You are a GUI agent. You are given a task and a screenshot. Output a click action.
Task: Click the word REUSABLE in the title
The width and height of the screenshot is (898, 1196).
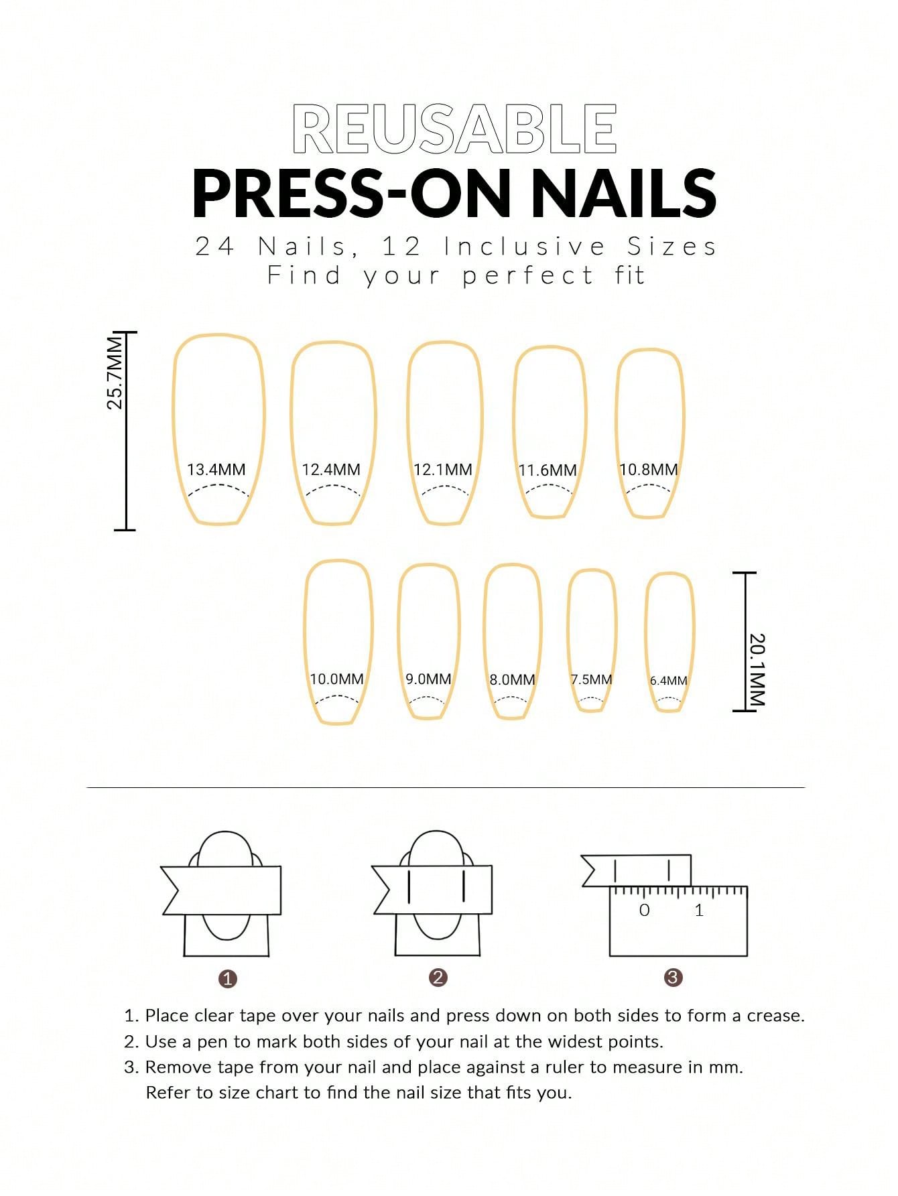(x=454, y=129)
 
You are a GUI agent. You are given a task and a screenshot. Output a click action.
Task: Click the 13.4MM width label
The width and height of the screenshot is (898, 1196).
(x=216, y=470)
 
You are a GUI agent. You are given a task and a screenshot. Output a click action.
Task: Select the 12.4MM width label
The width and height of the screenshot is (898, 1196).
(x=331, y=470)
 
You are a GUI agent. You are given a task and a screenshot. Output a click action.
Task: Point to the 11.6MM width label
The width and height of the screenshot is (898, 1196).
(x=548, y=470)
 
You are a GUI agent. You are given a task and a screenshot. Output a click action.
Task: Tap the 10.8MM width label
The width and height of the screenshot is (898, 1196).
(x=649, y=470)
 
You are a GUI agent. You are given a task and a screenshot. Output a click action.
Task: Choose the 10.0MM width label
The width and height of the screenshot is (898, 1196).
(x=336, y=679)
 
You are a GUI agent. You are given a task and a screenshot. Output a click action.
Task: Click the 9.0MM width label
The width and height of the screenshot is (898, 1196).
(x=428, y=679)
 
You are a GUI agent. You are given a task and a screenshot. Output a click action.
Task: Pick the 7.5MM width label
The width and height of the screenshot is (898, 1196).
(x=592, y=679)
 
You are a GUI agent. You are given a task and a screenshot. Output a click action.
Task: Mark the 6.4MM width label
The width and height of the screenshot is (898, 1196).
(x=669, y=681)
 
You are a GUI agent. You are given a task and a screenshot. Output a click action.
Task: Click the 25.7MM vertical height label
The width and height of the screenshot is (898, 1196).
(x=115, y=373)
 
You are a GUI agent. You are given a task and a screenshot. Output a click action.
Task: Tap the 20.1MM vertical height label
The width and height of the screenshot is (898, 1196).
(x=757, y=669)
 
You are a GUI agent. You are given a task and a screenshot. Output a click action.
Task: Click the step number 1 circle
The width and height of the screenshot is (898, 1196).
(x=228, y=979)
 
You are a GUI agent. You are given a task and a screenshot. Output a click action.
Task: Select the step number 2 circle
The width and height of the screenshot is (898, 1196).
(x=438, y=978)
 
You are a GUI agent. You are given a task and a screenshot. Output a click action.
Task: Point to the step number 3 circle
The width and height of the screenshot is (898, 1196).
(x=673, y=978)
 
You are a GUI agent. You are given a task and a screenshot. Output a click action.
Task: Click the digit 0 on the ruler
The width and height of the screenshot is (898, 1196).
(x=645, y=910)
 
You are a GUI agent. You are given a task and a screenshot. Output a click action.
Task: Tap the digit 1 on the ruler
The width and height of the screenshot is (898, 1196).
(x=700, y=910)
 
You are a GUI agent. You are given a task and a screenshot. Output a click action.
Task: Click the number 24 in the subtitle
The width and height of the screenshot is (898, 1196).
(x=214, y=247)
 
